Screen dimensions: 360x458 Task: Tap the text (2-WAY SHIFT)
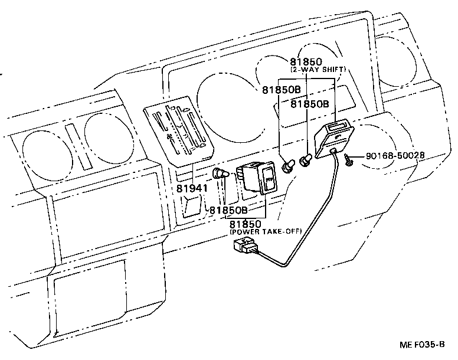click(x=317, y=70)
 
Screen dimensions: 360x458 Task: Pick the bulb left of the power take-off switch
click(x=221, y=174)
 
